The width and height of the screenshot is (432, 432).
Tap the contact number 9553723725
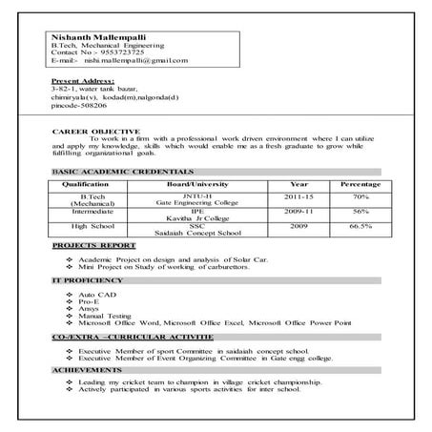point(115,52)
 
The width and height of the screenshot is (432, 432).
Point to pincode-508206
point(81,108)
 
